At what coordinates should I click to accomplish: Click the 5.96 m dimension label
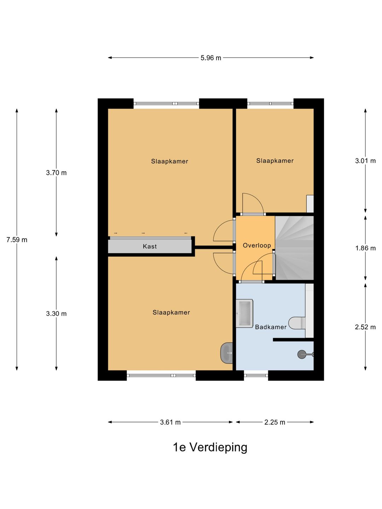pos(210,58)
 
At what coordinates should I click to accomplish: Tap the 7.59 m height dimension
pos(17,240)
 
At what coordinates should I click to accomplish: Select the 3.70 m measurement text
pos(56,173)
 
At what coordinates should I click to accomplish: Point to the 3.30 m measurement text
pos(56,314)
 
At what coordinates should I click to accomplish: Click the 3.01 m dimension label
pos(365,161)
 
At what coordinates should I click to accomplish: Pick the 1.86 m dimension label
pos(365,248)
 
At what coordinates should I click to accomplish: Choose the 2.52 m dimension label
pos(365,327)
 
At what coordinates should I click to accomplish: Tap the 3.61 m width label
pos(170,422)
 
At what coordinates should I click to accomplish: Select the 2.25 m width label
pos(274,422)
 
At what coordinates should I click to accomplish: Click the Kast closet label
pos(150,246)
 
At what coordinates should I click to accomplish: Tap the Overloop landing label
pos(257,246)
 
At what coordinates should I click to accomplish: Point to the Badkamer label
pos(271,327)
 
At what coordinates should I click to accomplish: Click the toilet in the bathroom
pos(297,323)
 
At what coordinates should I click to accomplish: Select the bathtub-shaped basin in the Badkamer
pos(244,313)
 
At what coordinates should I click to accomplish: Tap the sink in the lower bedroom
pos(226,353)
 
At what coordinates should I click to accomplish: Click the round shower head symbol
pos(301,354)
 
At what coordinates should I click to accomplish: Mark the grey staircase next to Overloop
pos(294,248)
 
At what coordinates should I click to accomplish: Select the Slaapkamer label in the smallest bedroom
pos(275,161)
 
